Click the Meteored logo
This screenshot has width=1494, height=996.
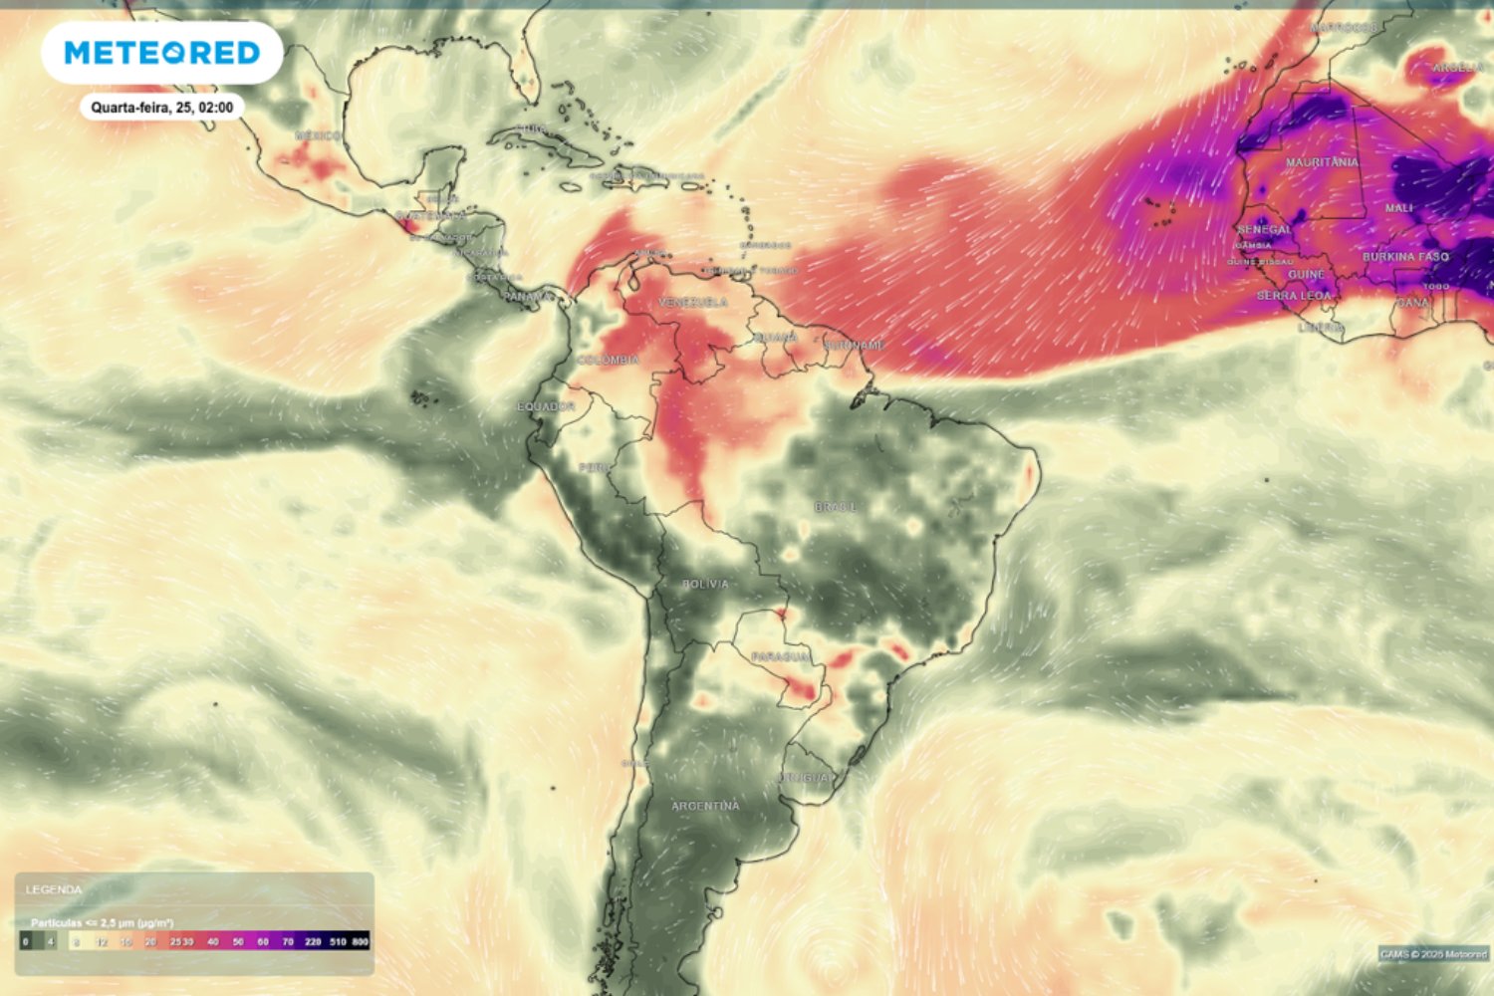pyautogui.click(x=162, y=53)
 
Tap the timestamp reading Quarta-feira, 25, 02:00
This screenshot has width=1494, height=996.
pyautogui.click(x=162, y=108)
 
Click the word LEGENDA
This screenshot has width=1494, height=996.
pyautogui.click(x=54, y=889)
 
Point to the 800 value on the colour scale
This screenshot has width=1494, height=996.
pyautogui.click(x=360, y=941)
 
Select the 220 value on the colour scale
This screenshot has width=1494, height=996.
pyautogui.click(x=313, y=941)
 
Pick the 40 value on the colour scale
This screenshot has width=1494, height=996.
pyautogui.click(x=213, y=941)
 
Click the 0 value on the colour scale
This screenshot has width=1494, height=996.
pyautogui.click(x=26, y=941)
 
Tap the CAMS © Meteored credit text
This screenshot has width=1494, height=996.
pyautogui.click(x=1433, y=954)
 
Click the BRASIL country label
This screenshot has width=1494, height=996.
pyautogui.click(x=835, y=507)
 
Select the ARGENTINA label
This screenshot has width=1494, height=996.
pyautogui.click(x=705, y=806)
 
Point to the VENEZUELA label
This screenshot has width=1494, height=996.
pyautogui.click(x=693, y=302)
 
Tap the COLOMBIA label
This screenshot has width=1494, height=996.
pyautogui.click(x=608, y=360)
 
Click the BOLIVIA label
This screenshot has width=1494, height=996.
pyautogui.click(x=705, y=584)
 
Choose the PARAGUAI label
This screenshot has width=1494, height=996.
pyautogui.click(x=780, y=657)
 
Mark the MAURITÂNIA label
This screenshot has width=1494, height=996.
pyautogui.click(x=1322, y=162)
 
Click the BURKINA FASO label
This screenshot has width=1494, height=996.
pyautogui.click(x=1405, y=257)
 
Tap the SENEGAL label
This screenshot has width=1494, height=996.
pyautogui.click(x=1264, y=229)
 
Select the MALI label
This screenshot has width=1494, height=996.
pyautogui.click(x=1398, y=208)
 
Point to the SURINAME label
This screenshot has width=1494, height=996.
pyautogui.click(x=855, y=346)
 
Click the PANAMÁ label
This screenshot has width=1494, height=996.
pyautogui.click(x=527, y=297)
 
